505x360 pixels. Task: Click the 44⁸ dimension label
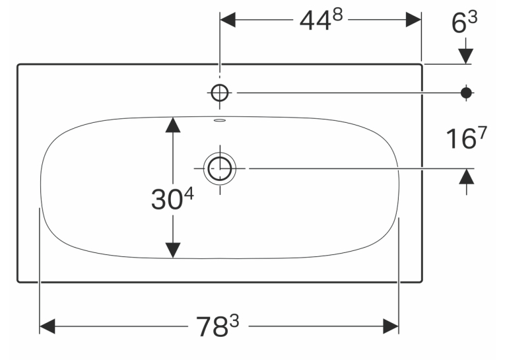coord(321,19)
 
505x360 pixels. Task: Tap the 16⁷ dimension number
coord(466,137)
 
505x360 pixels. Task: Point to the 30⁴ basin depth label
coord(172,199)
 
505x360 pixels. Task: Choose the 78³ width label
coord(218,326)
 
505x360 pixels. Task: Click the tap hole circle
coord(220,93)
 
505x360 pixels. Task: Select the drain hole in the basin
coord(220,168)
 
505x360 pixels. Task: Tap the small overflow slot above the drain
coord(220,120)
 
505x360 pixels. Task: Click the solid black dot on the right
coord(466,93)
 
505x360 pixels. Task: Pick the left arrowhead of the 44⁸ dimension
coord(228,20)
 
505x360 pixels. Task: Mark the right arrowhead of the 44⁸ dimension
coord(413,20)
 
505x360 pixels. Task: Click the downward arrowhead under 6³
coord(465,56)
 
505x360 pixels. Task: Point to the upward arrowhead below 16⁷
coord(466,176)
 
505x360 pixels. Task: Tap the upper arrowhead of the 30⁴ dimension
coord(173,125)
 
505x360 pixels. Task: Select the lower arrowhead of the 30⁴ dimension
coord(173,250)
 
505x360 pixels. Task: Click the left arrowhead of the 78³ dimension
coord(47,326)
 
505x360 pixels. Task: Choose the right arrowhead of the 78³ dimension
coord(391,326)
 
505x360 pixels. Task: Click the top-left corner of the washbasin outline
coord(18,65)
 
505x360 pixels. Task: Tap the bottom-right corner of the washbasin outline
coord(422,282)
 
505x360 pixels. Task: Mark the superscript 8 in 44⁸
coord(337,15)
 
